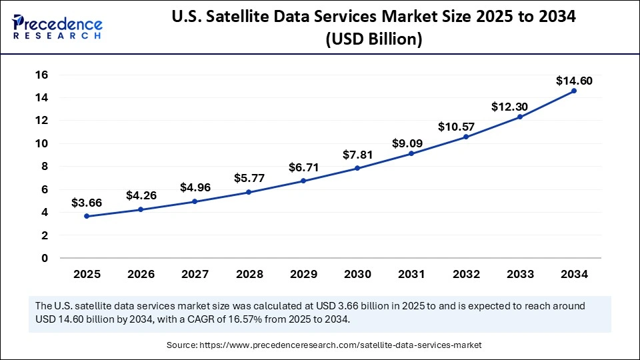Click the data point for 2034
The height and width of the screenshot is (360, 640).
[574, 91]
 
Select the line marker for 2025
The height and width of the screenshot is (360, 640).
[87, 216]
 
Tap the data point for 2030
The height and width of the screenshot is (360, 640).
[357, 168]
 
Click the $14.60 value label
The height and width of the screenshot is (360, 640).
[574, 81]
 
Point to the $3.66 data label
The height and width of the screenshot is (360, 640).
[87, 203]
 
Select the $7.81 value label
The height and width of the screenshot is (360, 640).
[357, 155]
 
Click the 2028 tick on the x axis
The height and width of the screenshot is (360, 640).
[249, 273]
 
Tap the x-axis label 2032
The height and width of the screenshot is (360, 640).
[465, 273]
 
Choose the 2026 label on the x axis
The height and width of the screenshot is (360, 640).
[141, 273]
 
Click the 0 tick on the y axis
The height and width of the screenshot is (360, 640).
[45, 258]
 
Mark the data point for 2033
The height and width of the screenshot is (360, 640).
[520, 117]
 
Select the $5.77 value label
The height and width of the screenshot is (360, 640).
[249, 179]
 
